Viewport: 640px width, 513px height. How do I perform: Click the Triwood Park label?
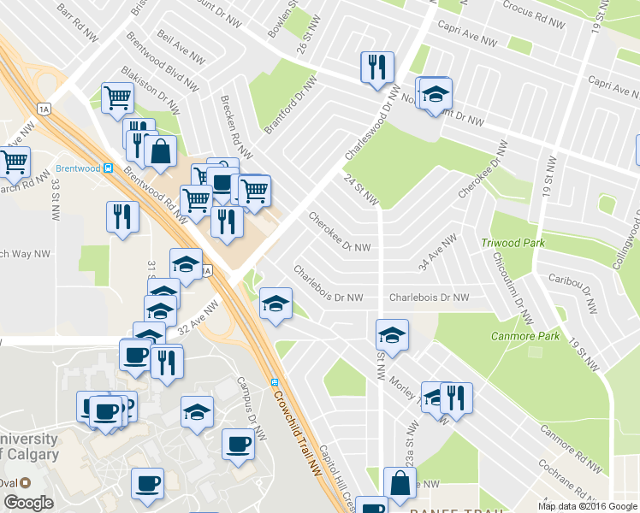[x=513, y=243]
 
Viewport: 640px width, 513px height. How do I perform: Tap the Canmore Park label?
[x=524, y=336]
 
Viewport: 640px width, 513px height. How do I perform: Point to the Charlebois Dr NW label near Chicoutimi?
[x=429, y=298]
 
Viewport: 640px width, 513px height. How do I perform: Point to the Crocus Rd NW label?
[x=531, y=9]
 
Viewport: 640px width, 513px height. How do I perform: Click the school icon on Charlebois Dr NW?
[x=276, y=303]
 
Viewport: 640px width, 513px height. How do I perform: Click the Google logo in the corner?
[x=28, y=503]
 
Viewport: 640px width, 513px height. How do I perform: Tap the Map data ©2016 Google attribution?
[x=587, y=506]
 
